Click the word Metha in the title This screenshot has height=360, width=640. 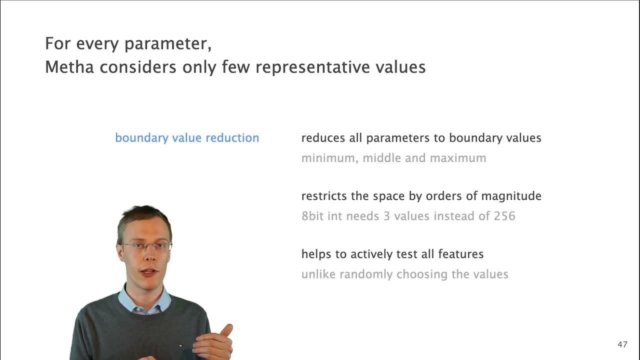(x=69, y=67)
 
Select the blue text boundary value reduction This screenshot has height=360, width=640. (x=187, y=138)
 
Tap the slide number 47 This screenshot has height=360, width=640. (x=622, y=344)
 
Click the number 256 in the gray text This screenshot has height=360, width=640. (x=504, y=216)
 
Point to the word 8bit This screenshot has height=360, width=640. (x=313, y=216)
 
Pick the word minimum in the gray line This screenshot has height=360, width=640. (x=328, y=158)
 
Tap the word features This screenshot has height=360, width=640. (x=460, y=254)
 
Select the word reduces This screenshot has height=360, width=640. (x=323, y=138)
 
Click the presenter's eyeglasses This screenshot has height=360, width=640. (x=147, y=246)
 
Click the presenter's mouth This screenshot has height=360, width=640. (x=148, y=272)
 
